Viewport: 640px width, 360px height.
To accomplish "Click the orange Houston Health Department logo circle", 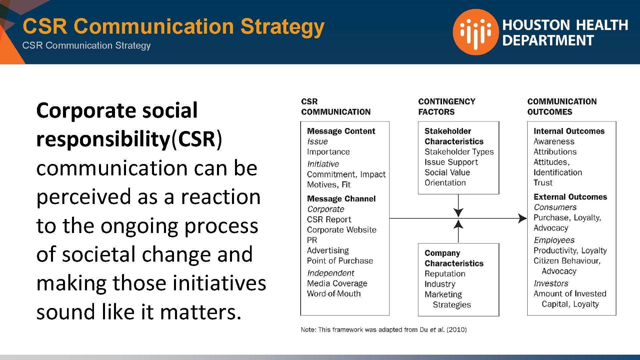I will coord(476,32).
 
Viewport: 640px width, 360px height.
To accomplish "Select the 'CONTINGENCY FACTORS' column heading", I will coord(447,107).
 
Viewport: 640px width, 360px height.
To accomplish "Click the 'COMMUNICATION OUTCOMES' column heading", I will coord(562,107).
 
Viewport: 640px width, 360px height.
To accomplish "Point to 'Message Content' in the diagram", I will coord(341,131).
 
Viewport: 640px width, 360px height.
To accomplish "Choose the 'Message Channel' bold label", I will coord(341,199).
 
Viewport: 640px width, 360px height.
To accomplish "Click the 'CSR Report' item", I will coord(329,219).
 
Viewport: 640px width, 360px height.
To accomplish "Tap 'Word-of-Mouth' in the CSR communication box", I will coord(334,294).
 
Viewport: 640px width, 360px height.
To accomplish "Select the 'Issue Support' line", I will coord(451,162).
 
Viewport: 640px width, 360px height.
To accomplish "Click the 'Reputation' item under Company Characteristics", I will coord(445,274).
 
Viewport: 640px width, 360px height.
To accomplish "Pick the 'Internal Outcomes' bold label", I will coord(569,131).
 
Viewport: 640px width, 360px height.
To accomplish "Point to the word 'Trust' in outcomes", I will coord(543,183).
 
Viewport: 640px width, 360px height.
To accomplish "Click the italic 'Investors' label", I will coord(551,283).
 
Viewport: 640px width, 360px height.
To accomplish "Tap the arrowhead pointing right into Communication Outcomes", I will coord(523,218).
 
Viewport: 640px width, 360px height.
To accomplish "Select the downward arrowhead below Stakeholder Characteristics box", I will coord(458,212).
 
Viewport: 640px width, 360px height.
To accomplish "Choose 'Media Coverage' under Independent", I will coord(337,283).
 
